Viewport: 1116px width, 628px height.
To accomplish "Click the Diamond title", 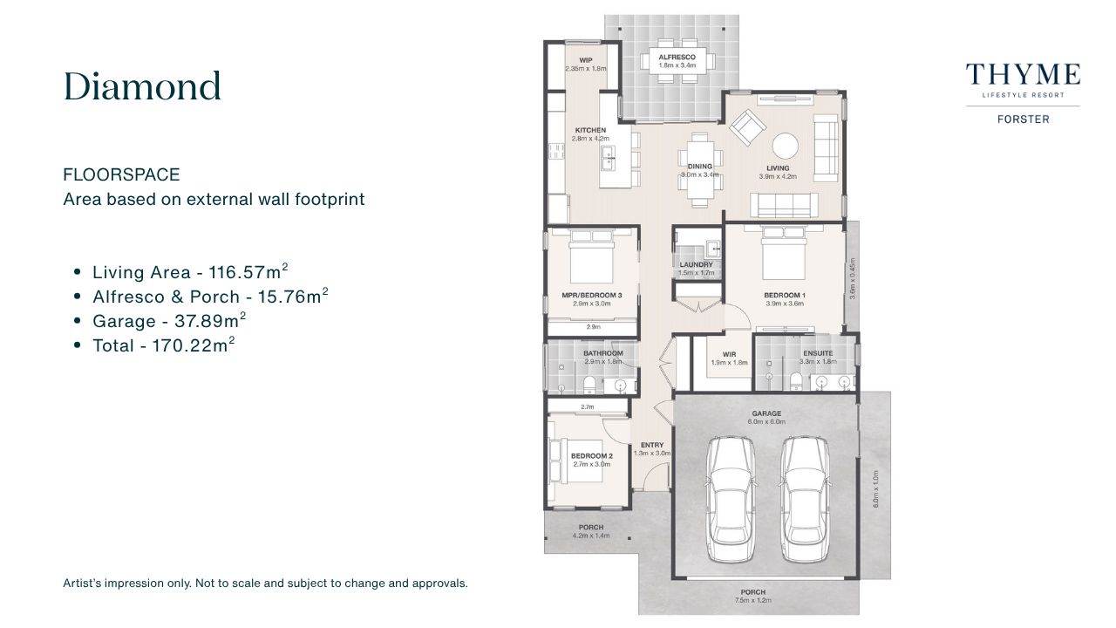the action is click(x=142, y=86).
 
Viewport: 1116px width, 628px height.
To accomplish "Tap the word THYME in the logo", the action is click(x=1023, y=75).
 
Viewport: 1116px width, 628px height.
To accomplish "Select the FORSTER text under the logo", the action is click(x=1024, y=119).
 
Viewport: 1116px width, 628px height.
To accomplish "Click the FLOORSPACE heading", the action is click(x=121, y=175).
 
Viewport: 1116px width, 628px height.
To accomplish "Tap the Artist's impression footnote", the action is click(x=265, y=584).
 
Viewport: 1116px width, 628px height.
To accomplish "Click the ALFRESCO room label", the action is click(x=677, y=58).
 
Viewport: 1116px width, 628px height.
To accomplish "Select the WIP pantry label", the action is click(x=586, y=60).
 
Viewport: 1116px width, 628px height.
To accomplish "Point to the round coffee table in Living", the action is click(x=786, y=146).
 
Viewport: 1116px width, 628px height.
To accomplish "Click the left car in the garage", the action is click(x=731, y=500).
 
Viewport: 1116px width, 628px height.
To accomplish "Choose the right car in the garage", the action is click(x=804, y=500).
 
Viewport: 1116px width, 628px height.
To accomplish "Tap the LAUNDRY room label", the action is click(x=696, y=264).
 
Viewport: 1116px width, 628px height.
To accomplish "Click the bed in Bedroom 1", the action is click(x=783, y=254).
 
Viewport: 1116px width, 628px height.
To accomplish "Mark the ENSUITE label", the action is click(x=818, y=353).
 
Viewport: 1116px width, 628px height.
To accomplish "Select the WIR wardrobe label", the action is click(x=729, y=354).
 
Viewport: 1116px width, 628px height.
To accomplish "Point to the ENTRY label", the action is click(x=652, y=445).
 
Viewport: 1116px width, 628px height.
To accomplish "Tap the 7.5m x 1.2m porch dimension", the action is click(x=752, y=601).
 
